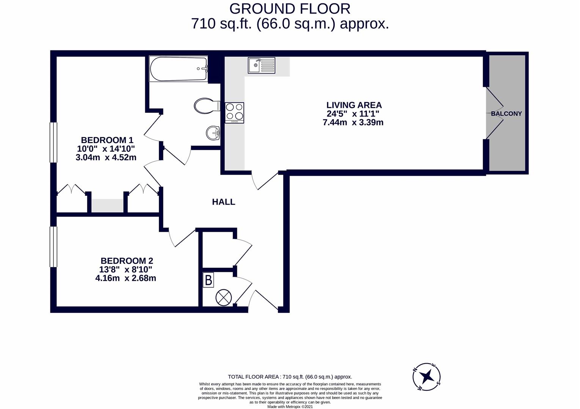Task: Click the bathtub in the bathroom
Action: pyautogui.click(x=179, y=69)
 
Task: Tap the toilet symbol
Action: pyautogui.click(x=207, y=106)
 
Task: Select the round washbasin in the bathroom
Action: pyautogui.click(x=213, y=133)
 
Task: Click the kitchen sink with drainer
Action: pyautogui.click(x=262, y=65)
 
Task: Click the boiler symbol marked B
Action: pyautogui.click(x=208, y=280)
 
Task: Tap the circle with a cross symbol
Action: pyautogui.click(x=223, y=297)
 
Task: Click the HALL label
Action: pyautogui.click(x=223, y=202)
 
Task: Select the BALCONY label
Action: pyautogui.click(x=506, y=114)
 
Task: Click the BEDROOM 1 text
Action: pyautogui.click(x=107, y=140)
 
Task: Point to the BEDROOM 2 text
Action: pyautogui.click(x=127, y=261)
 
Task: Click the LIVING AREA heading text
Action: pyautogui.click(x=354, y=105)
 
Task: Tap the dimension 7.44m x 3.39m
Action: pyautogui.click(x=353, y=122)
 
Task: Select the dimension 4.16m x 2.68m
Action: pyautogui.click(x=125, y=278)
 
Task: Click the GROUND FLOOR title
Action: pyautogui.click(x=290, y=8)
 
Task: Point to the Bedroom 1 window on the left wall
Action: pyautogui.click(x=53, y=143)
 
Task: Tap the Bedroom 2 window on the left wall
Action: pyautogui.click(x=53, y=247)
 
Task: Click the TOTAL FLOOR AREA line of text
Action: pyautogui.click(x=290, y=377)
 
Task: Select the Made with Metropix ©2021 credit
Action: pyautogui.click(x=290, y=407)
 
